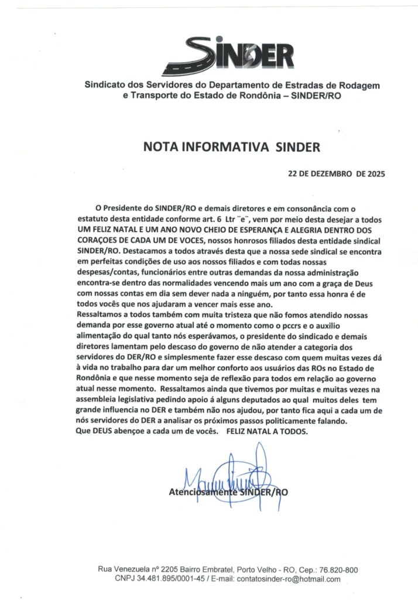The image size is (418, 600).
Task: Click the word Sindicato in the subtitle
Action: [x=107, y=86]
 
